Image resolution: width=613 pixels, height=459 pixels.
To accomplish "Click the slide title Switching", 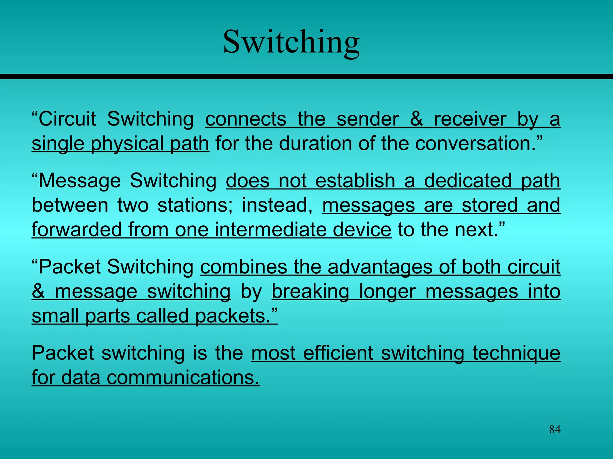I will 291,42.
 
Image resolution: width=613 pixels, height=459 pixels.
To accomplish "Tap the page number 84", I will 555,429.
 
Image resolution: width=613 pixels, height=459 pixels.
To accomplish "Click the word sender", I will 368,119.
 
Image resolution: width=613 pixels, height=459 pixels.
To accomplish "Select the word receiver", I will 470,119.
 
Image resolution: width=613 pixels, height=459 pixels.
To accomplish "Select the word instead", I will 277,206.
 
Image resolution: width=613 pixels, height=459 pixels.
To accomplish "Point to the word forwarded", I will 76,229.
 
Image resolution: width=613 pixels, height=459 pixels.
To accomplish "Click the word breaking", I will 310,292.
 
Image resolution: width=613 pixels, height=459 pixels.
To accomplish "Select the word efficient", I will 338,353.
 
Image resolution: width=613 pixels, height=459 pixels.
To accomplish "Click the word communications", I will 183,377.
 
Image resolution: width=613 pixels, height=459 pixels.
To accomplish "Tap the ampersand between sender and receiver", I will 416,119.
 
